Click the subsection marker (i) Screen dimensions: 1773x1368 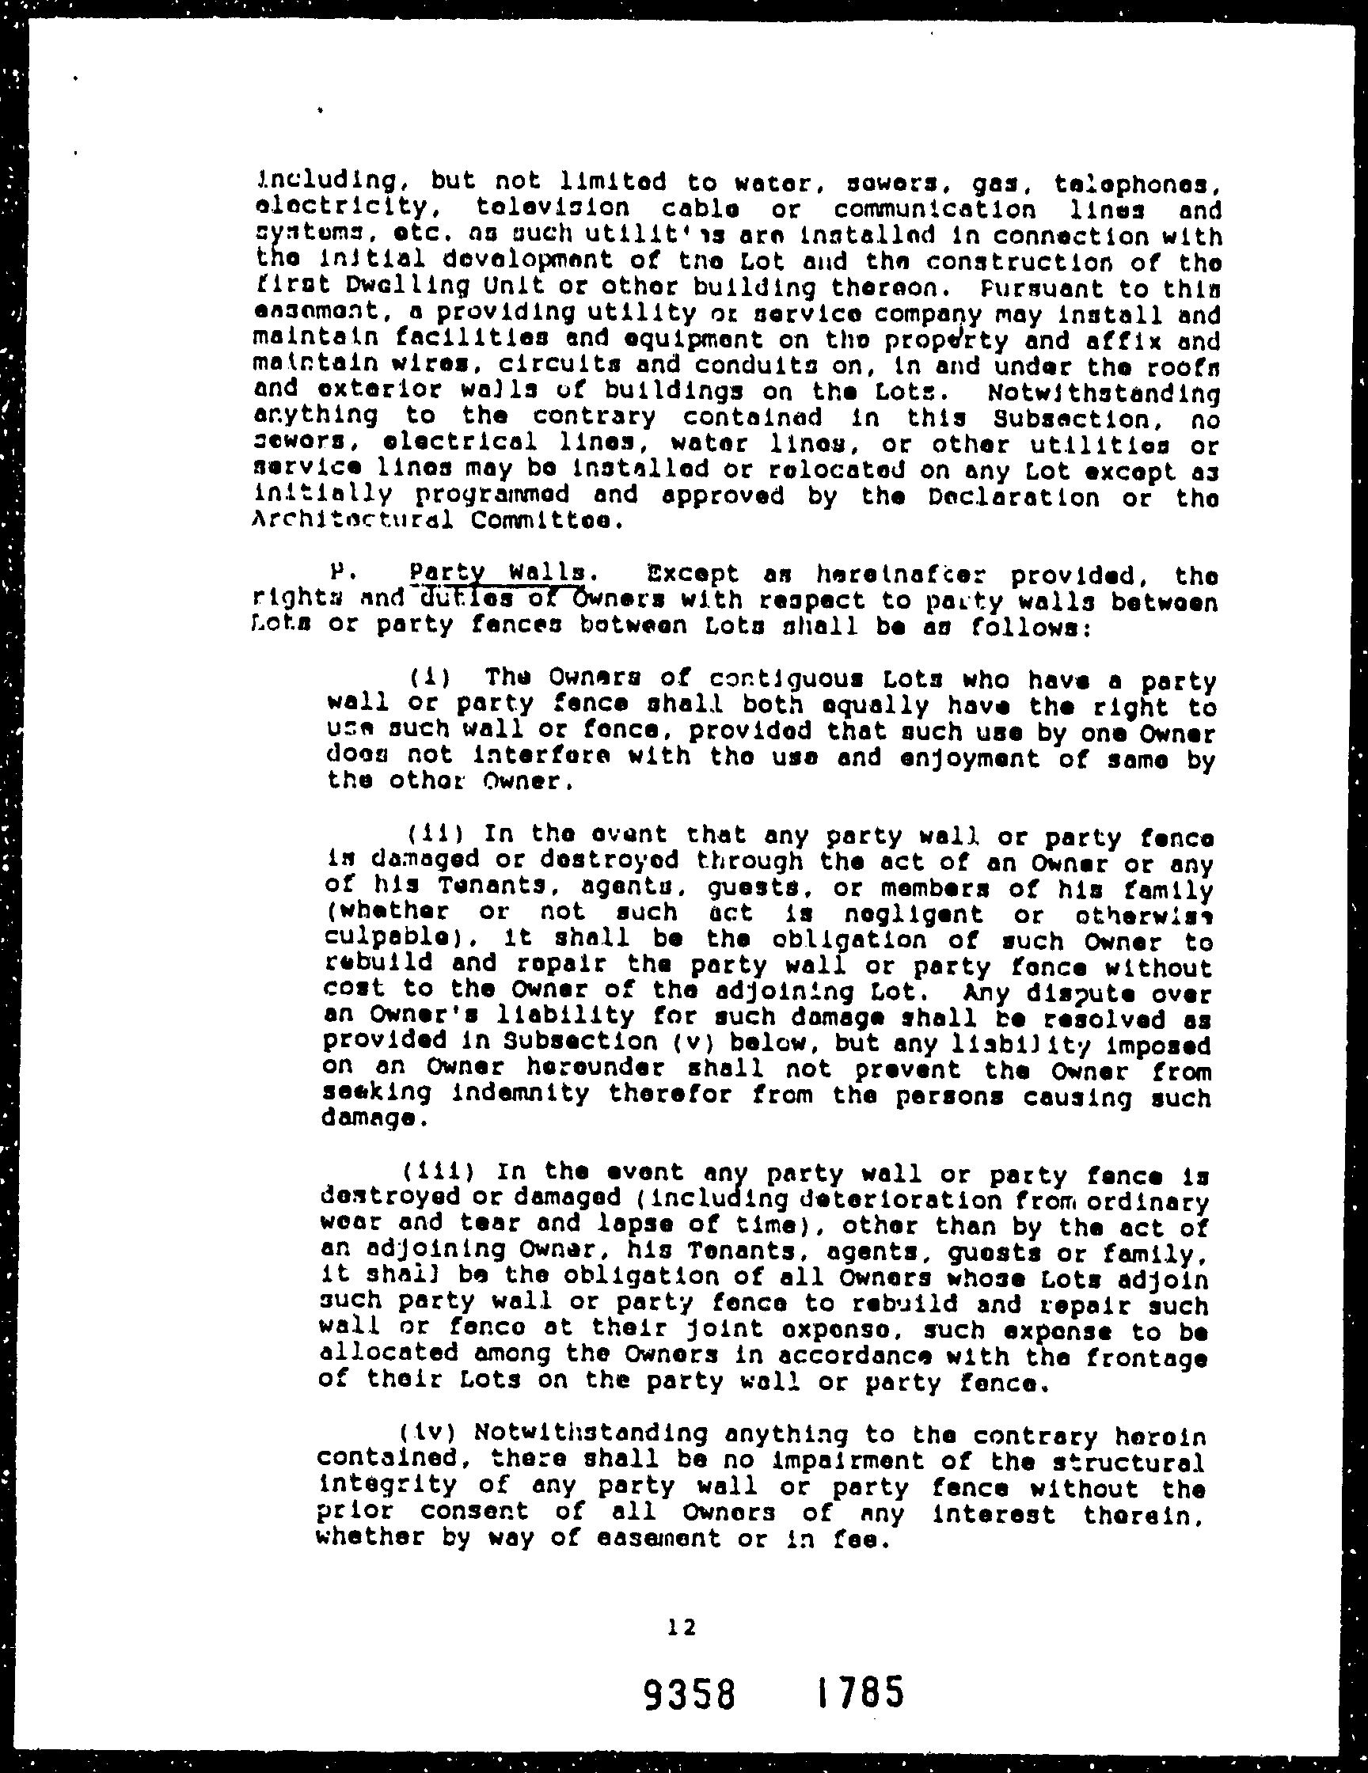coord(424,677)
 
